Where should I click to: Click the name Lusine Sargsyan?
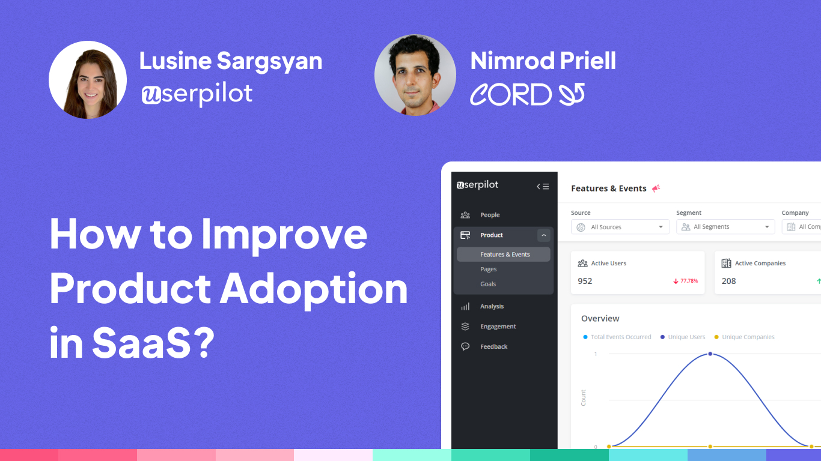click(x=231, y=61)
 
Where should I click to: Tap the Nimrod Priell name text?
click(x=543, y=61)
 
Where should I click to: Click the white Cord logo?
click(x=528, y=94)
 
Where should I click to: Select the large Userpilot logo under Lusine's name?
click(x=197, y=94)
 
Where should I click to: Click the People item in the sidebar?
click(x=490, y=215)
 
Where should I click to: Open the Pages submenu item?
click(x=488, y=269)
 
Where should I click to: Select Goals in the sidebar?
click(x=488, y=284)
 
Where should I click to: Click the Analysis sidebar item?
click(x=492, y=306)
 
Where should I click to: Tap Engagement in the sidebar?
click(x=498, y=327)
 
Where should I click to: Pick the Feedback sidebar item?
click(x=493, y=346)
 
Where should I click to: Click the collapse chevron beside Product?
click(x=543, y=235)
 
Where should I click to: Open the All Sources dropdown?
click(x=620, y=227)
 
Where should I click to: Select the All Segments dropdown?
click(x=725, y=227)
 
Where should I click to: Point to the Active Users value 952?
click(x=585, y=281)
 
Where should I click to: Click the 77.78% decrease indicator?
click(x=685, y=281)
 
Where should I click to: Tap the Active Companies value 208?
click(x=728, y=281)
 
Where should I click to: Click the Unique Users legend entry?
click(x=683, y=337)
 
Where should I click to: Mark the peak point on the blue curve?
click(x=710, y=354)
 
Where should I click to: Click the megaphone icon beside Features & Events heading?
click(x=656, y=188)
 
